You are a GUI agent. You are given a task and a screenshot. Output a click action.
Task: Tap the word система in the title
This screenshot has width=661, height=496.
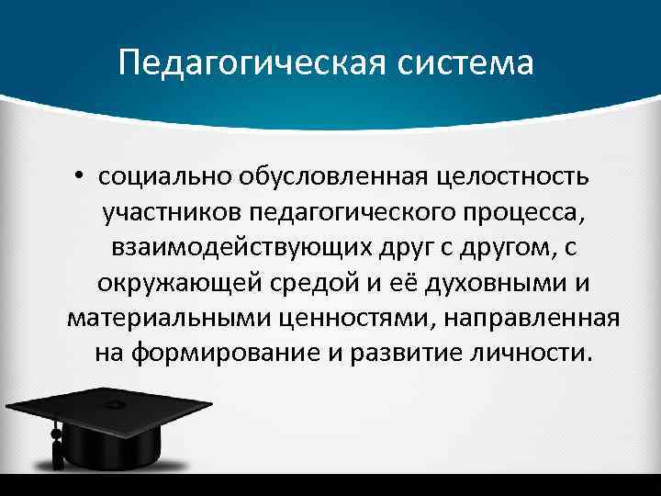coord(465,63)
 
